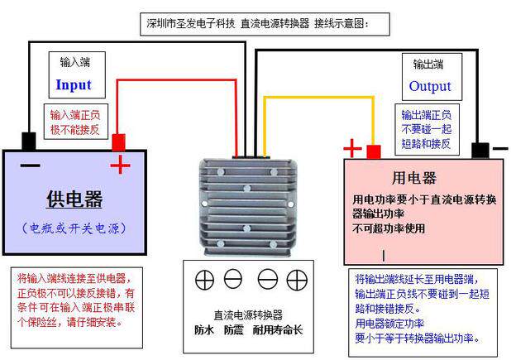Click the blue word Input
(74, 84)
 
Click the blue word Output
(430, 86)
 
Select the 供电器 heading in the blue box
(74, 199)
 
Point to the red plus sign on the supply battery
(121, 166)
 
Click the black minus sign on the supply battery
(30, 166)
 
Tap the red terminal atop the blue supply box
(118, 142)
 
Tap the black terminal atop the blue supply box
(29, 141)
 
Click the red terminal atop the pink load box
(374, 152)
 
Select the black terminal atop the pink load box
(480, 150)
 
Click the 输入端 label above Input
(74, 62)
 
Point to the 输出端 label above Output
(429, 64)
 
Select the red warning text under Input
(74, 121)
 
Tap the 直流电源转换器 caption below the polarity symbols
(247, 314)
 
